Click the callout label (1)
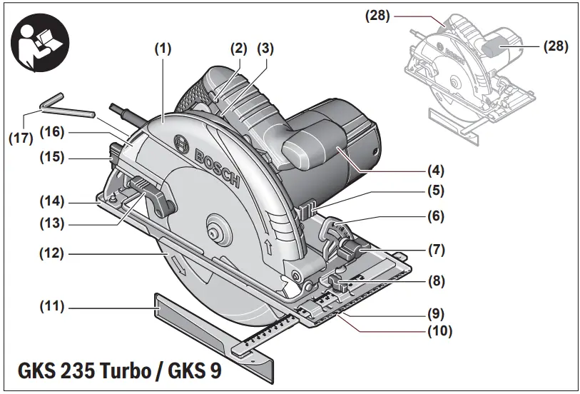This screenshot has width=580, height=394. coord(163,49)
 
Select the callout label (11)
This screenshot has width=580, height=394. coord(51,306)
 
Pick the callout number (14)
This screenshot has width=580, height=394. coord(51,201)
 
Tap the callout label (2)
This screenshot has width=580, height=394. coord(238,49)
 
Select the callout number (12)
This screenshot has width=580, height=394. coord(51,253)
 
